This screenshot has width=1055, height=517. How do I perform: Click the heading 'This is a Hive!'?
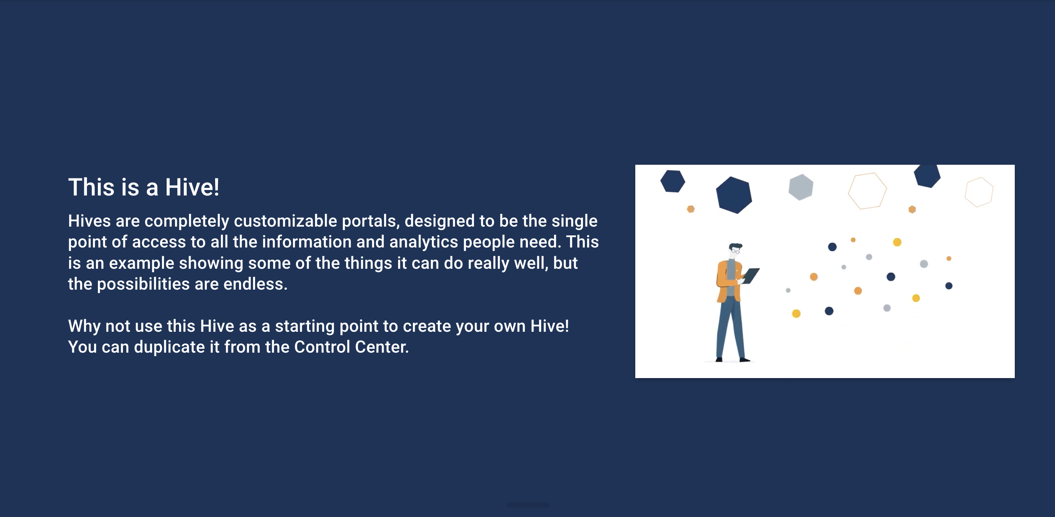(x=144, y=187)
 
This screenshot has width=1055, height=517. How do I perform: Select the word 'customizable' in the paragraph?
(x=285, y=221)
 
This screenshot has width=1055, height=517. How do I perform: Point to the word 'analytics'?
(x=424, y=242)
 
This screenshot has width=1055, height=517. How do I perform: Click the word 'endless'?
(x=255, y=284)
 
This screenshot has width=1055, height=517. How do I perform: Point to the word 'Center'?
(x=382, y=347)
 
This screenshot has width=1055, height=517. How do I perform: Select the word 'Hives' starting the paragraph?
(x=89, y=221)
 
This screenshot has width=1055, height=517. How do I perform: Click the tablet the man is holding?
(x=750, y=275)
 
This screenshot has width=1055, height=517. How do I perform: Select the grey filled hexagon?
(x=801, y=187)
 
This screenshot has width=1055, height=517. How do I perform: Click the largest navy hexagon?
(x=734, y=195)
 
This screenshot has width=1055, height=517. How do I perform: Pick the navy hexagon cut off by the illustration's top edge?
(x=927, y=175)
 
